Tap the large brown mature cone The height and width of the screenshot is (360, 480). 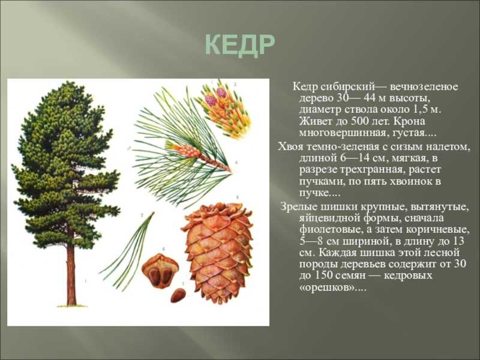click(x=218, y=253)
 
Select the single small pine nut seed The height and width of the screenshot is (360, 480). click(x=178, y=295)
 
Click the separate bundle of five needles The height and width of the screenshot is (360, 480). click(x=127, y=251)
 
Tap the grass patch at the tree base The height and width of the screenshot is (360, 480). click(x=72, y=305)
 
